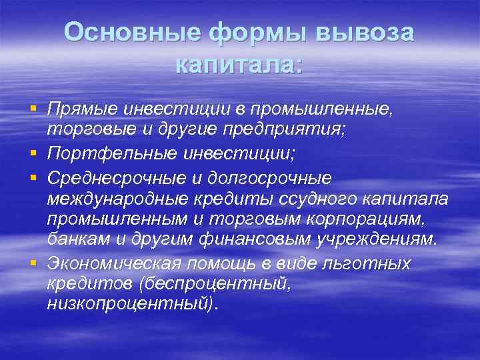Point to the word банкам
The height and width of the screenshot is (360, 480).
click(x=71, y=239)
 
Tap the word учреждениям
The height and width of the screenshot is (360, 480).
click(x=381, y=239)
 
